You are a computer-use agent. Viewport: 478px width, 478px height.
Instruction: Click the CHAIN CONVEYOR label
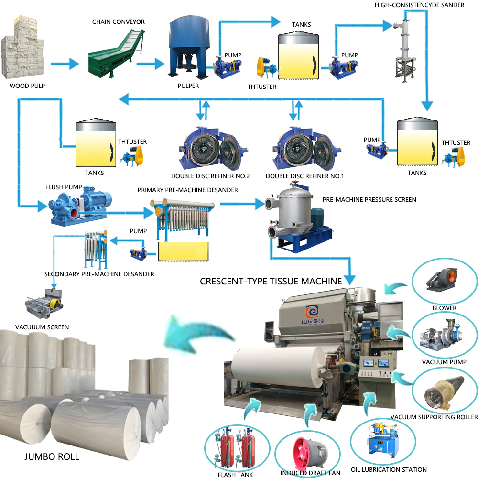click(119, 22)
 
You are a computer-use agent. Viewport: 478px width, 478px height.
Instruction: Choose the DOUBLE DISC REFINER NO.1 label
click(305, 176)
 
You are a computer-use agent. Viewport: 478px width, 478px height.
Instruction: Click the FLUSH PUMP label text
click(64, 187)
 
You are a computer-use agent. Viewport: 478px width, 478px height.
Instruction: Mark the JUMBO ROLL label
click(52, 456)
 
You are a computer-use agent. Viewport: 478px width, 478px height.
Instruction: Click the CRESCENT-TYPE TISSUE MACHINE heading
click(271, 281)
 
